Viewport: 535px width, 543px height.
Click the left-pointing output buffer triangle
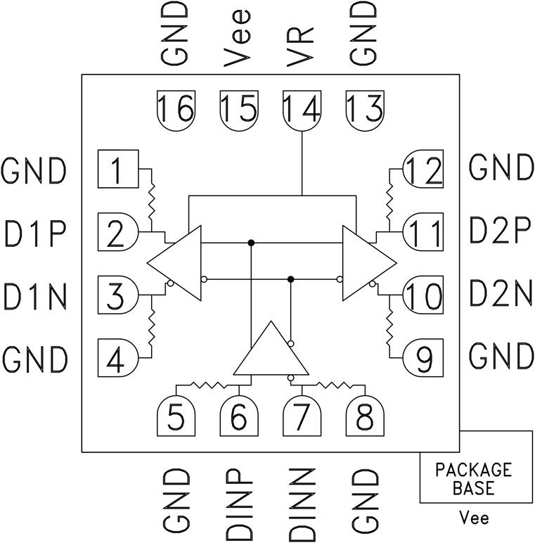click(176, 262)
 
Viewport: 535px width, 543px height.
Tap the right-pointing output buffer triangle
click(366, 262)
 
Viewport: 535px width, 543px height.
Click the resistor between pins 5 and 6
click(207, 385)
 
